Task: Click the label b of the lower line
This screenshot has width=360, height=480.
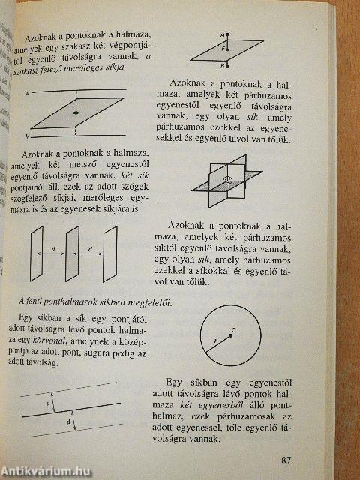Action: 27,136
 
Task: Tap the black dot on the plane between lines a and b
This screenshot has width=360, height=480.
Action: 76,112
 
